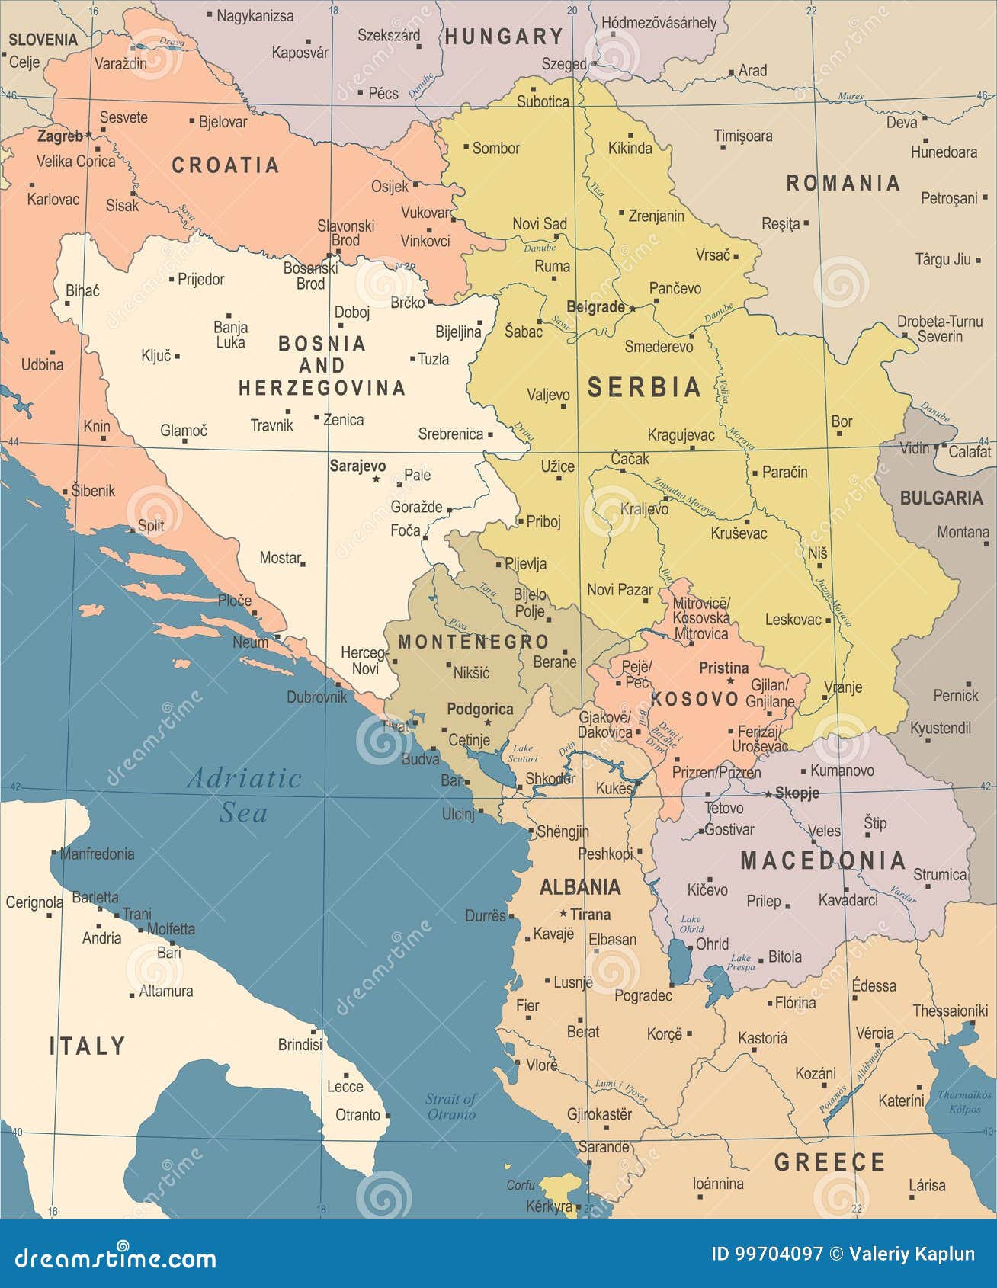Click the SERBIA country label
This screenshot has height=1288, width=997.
[644, 387]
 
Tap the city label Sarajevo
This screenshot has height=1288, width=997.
[357, 466]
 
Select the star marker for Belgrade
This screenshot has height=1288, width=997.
[632, 309]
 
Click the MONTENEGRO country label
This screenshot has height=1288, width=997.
[473, 642]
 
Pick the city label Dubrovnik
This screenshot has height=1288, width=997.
[316, 697]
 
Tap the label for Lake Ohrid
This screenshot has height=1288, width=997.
[691, 924]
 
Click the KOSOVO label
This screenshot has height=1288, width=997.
[694, 699]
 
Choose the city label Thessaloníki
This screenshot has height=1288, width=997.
[950, 1011]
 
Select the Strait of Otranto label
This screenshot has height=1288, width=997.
[450, 1106]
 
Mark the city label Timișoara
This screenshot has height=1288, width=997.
[742, 136]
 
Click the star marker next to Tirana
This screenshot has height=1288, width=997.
[563, 913]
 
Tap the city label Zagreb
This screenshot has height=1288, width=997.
[60, 136]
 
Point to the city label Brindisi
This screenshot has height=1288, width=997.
[300, 1044]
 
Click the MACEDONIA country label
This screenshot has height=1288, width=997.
[822, 861]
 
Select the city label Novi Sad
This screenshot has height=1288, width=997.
[540, 223]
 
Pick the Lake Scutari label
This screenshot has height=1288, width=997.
[522, 753]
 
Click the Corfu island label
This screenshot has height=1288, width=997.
[521, 1185]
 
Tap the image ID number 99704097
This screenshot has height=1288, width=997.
[777, 1254]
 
